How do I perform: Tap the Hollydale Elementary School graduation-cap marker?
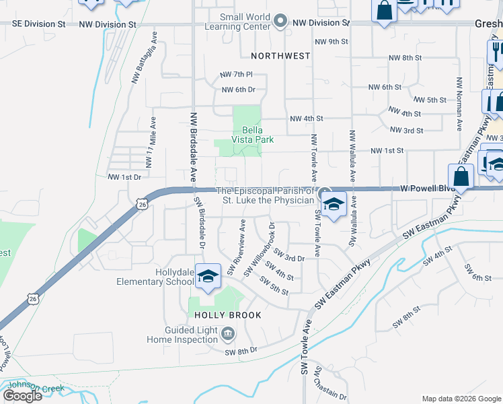click(208, 276)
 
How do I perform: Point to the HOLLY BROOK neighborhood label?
click(227, 314)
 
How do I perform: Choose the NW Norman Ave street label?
click(459, 103)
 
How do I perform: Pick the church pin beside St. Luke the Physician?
click(325, 192)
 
